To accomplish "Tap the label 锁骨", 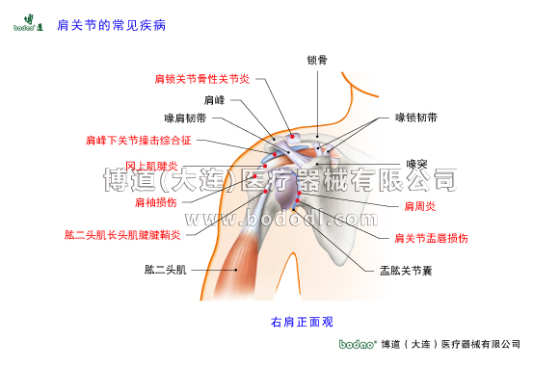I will point(317,60).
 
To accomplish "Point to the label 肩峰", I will point(214,99).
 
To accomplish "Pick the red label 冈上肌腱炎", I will point(152,166).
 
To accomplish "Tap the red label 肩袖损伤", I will point(155,202).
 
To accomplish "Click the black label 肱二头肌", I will point(165,269).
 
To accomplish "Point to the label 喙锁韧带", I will point(416,118).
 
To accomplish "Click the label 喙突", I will point(415,164).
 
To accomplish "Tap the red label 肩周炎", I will point(419,206).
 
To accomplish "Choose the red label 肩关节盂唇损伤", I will point(432,237).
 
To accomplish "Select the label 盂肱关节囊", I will point(405,270).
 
